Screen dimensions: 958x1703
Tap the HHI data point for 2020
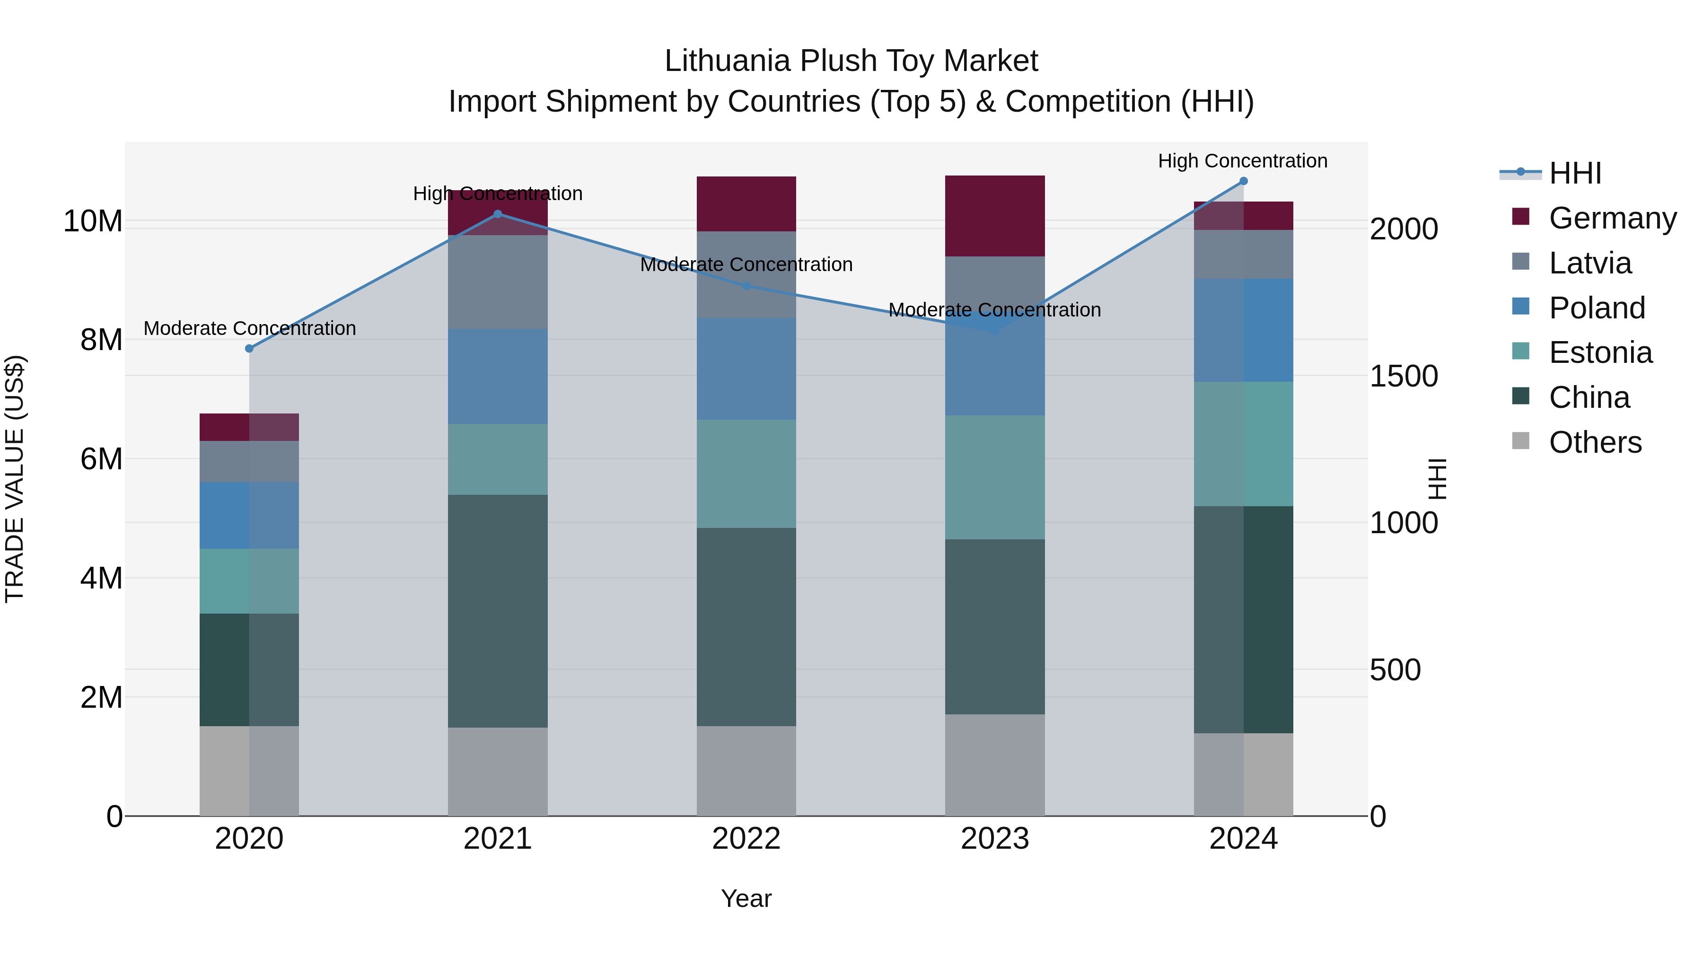click(249, 348)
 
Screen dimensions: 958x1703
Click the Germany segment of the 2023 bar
click(994, 216)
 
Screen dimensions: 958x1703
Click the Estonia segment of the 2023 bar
click(994, 477)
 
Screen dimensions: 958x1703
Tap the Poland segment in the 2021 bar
click(497, 377)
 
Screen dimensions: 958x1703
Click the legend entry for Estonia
click(1600, 353)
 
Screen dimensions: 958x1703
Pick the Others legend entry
click(1595, 442)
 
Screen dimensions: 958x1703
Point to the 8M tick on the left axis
click(100, 340)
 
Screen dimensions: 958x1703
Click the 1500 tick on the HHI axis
click(1403, 376)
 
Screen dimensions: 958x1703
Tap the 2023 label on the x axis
click(994, 839)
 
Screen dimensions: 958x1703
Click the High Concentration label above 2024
click(1242, 161)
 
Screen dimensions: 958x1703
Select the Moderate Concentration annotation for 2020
click(249, 329)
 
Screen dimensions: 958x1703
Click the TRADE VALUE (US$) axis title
click(15, 479)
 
